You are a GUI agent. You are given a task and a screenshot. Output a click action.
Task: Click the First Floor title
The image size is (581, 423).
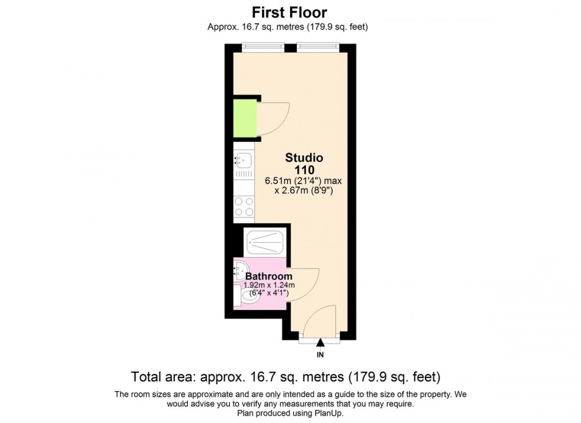(x=290, y=11)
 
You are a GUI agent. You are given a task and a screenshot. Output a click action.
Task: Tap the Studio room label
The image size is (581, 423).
(x=304, y=157)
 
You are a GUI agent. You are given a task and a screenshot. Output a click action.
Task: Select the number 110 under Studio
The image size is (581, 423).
(x=304, y=169)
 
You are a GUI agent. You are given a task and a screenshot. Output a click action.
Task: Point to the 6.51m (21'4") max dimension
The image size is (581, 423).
(x=303, y=181)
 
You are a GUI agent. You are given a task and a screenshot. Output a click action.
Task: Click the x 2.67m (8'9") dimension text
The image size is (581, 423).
(x=304, y=191)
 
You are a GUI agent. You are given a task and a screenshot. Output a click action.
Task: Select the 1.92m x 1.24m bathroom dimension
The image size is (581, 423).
(x=268, y=285)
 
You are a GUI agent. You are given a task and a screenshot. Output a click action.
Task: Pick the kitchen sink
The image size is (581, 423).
(x=243, y=160)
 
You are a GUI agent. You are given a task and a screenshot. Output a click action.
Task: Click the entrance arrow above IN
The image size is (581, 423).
(x=320, y=343)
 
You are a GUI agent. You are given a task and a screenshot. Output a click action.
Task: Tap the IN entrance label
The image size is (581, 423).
(x=320, y=355)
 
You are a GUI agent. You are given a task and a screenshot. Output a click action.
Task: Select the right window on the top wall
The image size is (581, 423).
(x=318, y=47)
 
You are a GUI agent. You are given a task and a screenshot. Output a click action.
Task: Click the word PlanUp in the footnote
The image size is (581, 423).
(x=326, y=413)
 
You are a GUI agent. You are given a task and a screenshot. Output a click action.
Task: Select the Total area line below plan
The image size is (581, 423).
(x=286, y=377)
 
